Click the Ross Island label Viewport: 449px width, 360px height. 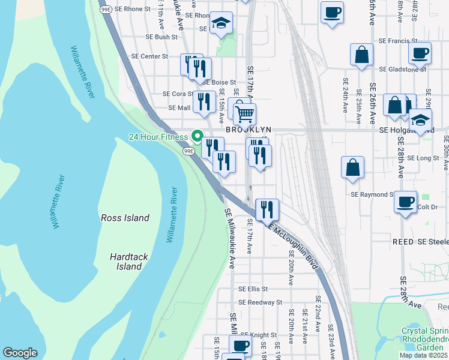(x=124, y=218)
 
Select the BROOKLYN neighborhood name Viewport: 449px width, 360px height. (x=249, y=130)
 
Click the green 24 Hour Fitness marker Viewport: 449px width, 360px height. (x=196, y=137)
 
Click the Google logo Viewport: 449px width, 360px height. (x=20, y=353)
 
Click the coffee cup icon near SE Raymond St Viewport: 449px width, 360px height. (x=406, y=201)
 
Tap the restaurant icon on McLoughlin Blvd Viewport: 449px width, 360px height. (x=267, y=209)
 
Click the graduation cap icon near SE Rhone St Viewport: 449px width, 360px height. (x=221, y=23)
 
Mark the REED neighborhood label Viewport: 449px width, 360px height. (x=403, y=241)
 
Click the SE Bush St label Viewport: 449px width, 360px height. (x=162, y=37)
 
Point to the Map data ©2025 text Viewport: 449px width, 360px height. (x=423, y=355)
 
